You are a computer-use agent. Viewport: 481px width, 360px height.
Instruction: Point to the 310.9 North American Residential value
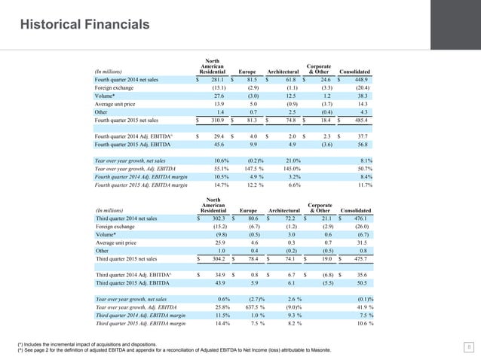tap(214, 120)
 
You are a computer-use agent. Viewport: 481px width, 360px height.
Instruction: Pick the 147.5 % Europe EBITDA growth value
tap(250, 169)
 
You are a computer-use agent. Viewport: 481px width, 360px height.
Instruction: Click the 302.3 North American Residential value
tap(214, 218)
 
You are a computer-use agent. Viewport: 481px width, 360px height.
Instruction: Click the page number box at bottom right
tap(468, 346)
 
